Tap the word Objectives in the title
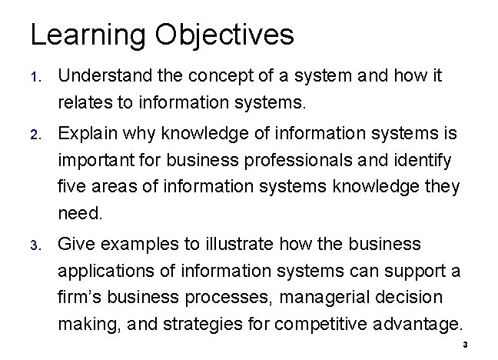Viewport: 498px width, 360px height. click(224, 35)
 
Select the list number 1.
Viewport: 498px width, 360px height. click(35, 78)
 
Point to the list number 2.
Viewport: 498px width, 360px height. click(35, 135)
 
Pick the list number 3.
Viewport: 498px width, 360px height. click(35, 245)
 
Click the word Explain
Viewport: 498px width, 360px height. click(85, 135)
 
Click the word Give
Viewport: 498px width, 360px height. click(76, 245)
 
